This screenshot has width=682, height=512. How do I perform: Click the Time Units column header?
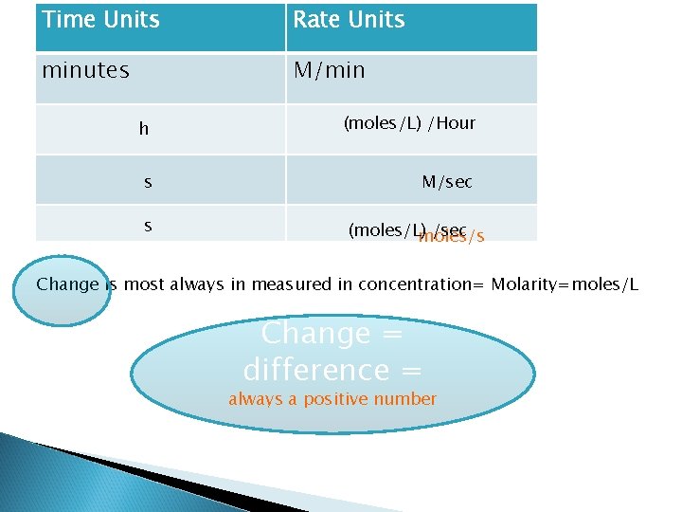(101, 20)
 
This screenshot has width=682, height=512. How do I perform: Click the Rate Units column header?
(349, 20)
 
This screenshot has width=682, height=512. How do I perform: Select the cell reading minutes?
(86, 70)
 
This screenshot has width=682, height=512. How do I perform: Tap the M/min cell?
(329, 70)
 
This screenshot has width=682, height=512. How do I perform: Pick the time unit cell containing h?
(144, 129)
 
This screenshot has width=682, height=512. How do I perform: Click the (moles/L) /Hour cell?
(409, 123)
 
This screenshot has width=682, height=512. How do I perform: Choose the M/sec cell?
(447, 181)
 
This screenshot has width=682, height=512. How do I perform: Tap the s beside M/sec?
(148, 181)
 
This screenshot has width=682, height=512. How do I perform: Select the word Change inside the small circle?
(67, 284)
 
